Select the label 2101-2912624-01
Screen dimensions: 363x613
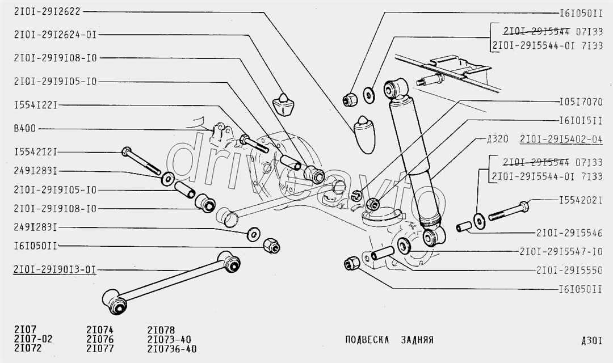tap(54, 34)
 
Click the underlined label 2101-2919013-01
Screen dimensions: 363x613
tap(54, 270)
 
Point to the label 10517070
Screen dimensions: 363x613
tap(580, 103)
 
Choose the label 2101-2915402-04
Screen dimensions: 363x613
tap(560, 138)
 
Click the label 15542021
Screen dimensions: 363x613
tap(580, 200)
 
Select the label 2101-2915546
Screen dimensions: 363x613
tap(573, 233)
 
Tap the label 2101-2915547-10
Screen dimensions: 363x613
tap(565, 251)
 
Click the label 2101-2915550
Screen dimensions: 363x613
tap(573, 270)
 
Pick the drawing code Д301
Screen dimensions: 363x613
tap(591, 341)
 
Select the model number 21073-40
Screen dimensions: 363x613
tap(169, 339)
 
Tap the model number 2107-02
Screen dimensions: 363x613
tap(33, 339)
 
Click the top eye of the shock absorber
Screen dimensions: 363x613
tap(396, 88)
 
